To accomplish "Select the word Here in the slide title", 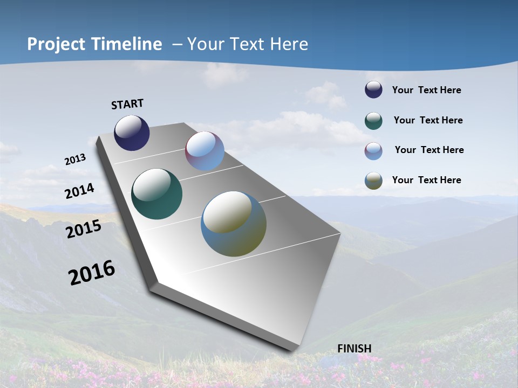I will pos(289,44).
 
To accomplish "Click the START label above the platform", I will pos(127,104).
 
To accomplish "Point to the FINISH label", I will pos(355,349).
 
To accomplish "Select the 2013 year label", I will pos(75,160).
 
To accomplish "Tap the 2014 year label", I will pos(79,191).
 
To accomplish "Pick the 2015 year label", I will pos(84,229).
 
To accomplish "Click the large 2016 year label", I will pos(92,273).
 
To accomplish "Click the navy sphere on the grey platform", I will pos(132,133).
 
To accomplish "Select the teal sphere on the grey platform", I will pos(156,194).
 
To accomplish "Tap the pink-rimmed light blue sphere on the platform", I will pos(205,151).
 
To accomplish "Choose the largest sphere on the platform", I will pos(234,224).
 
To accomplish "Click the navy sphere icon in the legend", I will pos(373,90).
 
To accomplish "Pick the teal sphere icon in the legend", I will pos(373,121).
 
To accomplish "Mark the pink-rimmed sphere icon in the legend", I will pos(373,151).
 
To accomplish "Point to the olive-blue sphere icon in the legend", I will pos(373,181).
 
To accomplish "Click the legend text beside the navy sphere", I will pos(426,91).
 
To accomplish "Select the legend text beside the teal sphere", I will pos(428,120).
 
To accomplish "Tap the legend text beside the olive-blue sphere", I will pos(426,180).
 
